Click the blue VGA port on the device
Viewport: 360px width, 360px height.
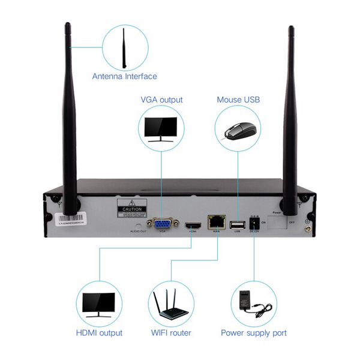[162, 224]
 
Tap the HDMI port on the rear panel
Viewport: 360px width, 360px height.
[193, 226]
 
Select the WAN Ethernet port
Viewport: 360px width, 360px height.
[215, 222]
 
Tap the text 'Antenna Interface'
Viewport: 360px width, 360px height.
[124, 76]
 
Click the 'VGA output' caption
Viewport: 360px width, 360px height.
[161, 100]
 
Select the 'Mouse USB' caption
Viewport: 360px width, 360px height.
[238, 100]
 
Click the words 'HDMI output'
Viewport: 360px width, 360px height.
[99, 332]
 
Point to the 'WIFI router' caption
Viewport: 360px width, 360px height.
[171, 332]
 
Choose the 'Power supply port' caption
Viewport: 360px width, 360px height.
[254, 332]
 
